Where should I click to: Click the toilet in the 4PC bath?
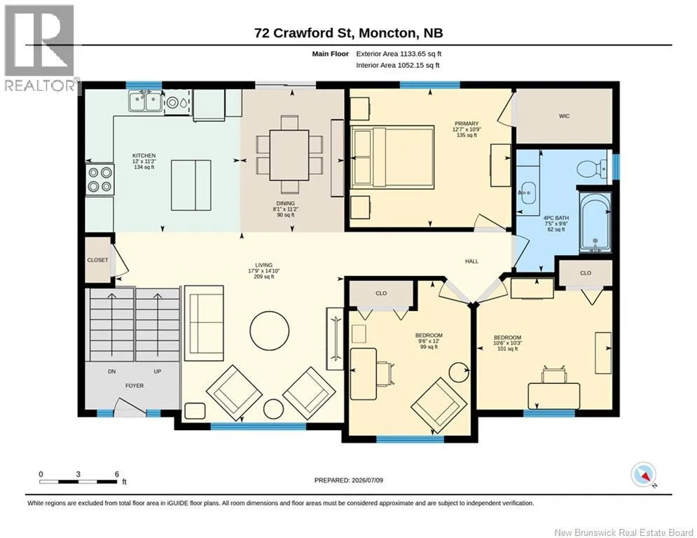(x=592, y=168)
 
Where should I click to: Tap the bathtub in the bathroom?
(x=595, y=221)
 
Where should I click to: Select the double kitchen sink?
(x=145, y=101)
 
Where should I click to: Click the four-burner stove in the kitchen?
(x=99, y=179)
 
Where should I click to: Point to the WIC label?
(x=564, y=116)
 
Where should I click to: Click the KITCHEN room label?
(x=144, y=156)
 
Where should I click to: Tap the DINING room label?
(x=284, y=203)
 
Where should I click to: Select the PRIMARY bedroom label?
(x=467, y=123)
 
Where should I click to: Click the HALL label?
(x=471, y=261)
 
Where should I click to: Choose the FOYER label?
(x=134, y=386)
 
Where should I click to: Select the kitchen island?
(x=191, y=185)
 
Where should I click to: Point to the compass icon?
(x=644, y=475)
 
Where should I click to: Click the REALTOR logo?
(x=39, y=48)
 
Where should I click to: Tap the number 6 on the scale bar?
(x=117, y=474)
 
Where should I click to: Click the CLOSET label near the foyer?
(x=97, y=260)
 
